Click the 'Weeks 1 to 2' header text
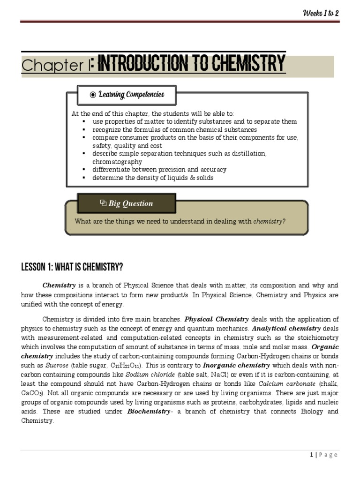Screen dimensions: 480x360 tap(320, 13)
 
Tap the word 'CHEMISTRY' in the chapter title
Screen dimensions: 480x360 tap(247, 63)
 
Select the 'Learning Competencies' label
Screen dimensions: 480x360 tap(131, 95)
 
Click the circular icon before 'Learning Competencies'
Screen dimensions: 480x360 tap(93, 95)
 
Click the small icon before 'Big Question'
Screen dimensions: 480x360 tap(103, 203)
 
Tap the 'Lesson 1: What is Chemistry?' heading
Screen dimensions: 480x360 tap(72, 268)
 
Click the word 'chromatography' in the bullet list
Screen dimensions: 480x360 tap(117, 162)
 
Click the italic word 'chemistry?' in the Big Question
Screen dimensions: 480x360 tap(269, 221)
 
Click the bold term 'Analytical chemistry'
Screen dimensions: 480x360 tap(286, 329)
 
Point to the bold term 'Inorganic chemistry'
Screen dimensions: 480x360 tap(236, 365)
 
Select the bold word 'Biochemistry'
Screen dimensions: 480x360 tap(148, 411)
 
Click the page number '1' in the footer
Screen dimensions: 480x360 tap(311, 455)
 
